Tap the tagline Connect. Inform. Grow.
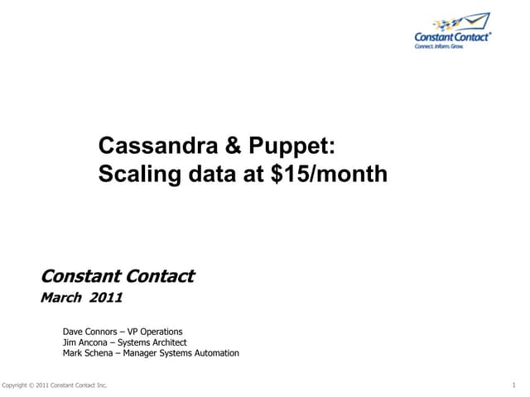(x=440, y=47)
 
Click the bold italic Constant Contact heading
(x=118, y=275)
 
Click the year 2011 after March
(x=106, y=299)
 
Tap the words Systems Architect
(x=157, y=342)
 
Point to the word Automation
(x=217, y=353)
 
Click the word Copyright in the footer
(x=17, y=386)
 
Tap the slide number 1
(x=513, y=386)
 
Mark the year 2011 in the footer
(x=46, y=386)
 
